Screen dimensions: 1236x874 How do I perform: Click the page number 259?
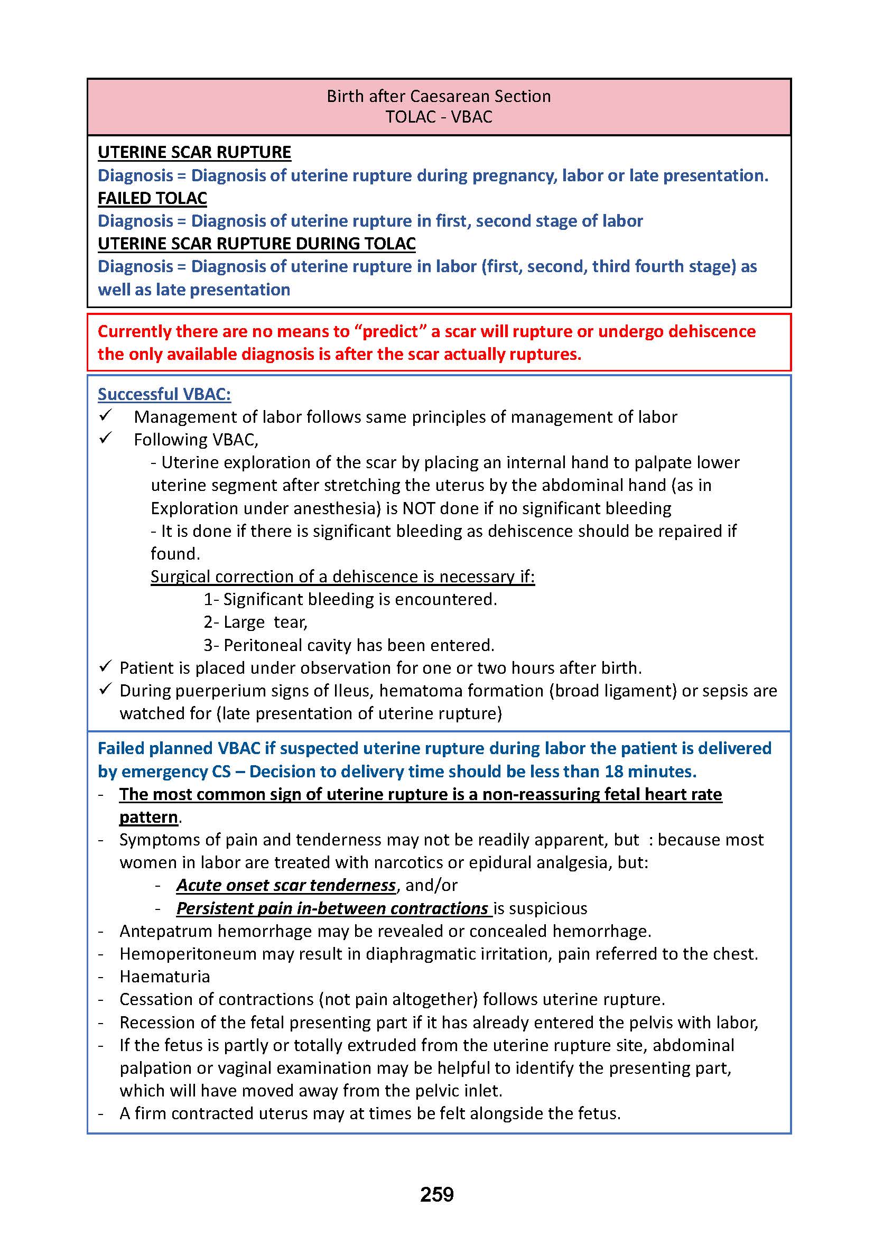click(x=436, y=1194)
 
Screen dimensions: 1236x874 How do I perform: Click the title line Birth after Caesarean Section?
click(x=439, y=96)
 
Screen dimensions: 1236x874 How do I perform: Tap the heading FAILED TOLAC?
click(x=152, y=198)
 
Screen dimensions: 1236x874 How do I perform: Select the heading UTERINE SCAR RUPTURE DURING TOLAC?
click(x=257, y=243)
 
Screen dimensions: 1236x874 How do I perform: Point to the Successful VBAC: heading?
click(x=164, y=394)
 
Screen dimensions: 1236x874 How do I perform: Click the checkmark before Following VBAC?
click(x=106, y=439)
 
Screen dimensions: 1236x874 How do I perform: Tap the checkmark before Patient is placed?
click(x=106, y=667)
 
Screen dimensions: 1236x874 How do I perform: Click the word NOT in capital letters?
click(x=419, y=508)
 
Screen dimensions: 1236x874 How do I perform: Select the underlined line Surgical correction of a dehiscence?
click(x=342, y=577)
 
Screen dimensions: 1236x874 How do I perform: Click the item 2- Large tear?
click(x=255, y=622)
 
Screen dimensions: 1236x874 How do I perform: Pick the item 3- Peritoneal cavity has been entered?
click(x=349, y=645)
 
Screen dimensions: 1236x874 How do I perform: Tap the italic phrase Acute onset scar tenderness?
click(x=286, y=886)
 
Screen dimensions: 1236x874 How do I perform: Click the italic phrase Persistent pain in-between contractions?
click(x=332, y=909)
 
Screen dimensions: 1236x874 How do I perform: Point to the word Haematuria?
click(x=165, y=977)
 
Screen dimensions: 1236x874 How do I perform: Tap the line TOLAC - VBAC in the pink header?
click(x=439, y=117)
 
